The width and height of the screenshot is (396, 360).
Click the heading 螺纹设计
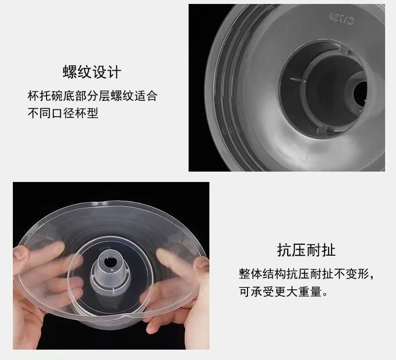tap(92, 72)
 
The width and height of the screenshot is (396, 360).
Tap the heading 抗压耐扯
tap(306, 249)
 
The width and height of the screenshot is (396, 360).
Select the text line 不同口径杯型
tap(62, 113)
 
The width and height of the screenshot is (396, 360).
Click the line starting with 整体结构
tap(306, 274)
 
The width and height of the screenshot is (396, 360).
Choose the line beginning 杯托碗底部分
tap(92, 95)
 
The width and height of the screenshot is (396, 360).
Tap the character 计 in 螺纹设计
tap(114, 72)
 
